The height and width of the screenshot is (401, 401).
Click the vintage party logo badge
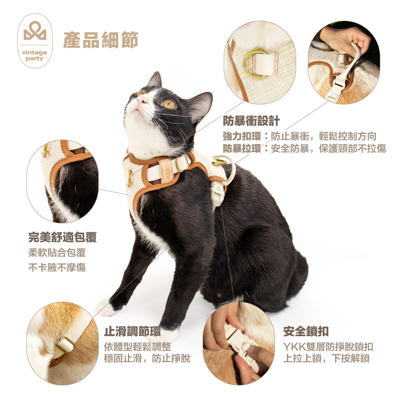pos(35,41)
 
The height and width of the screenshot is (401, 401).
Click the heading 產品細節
pos(100,40)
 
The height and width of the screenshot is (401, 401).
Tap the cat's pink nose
pos(142,99)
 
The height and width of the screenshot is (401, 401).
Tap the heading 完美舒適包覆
pos(62,237)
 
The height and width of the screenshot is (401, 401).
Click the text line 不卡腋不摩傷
pos(57,267)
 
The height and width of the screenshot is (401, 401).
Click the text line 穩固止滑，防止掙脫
pos(147,359)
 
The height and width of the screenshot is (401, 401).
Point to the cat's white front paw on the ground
pos(106,307)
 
